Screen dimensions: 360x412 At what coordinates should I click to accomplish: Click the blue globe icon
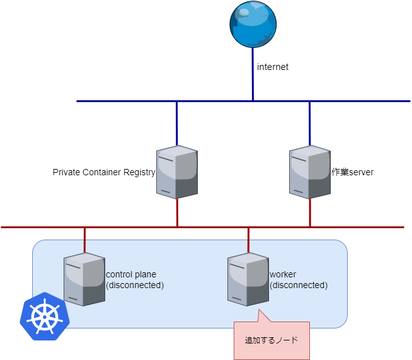pos(253,25)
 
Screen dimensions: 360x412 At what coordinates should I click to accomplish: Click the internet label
pos(273,66)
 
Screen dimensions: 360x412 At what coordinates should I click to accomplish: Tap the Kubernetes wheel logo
pos(44,316)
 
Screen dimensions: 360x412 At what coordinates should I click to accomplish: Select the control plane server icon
pos(84,279)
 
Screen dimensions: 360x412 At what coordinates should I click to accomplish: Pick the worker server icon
pos(248,279)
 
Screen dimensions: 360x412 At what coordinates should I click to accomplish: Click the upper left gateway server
pos(177,171)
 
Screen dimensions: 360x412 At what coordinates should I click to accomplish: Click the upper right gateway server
pos(309,171)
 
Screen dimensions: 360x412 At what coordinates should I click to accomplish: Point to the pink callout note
pos(272,340)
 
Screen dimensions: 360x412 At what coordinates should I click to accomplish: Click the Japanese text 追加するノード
pos(272,340)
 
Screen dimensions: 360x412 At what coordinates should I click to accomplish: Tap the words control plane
pos(131,274)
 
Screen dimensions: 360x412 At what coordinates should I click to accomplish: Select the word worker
pos(283,274)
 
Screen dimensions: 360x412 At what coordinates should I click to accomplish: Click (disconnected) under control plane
pos(135,285)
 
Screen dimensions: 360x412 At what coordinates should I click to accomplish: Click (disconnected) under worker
pos(299,285)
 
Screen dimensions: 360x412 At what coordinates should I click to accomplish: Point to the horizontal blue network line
pos(126,101)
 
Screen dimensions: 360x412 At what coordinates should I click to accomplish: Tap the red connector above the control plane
pos(84,240)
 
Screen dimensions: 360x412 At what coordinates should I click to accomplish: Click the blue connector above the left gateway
pos(177,123)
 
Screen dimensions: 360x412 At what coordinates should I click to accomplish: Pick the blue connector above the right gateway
pos(309,123)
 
